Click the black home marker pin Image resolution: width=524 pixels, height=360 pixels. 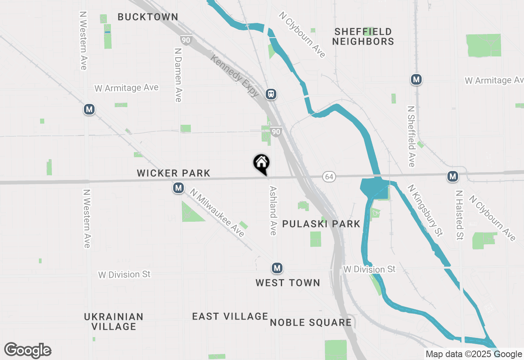pyautogui.click(x=261, y=164)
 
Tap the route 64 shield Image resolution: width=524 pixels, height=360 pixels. pyautogui.click(x=329, y=176)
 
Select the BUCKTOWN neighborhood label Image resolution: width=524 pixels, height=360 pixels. pyautogui.click(x=148, y=17)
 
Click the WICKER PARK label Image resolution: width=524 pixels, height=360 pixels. pyautogui.click(x=174, y=173)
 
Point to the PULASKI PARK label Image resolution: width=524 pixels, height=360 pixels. pyautogui.click(x=321, y=224)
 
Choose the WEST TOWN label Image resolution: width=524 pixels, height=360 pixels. pyautogui.click(x=288, y=283)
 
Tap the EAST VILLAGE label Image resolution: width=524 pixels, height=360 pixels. pyautogui.click(x=230, y=316)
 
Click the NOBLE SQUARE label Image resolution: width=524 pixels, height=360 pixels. pyautogui.click(x=311, y=322)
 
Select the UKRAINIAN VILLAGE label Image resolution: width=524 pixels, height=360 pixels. pyautogui.click(x=114, y=322)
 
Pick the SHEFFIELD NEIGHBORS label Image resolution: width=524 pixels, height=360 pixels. pyautogui.click(x=363, y=36)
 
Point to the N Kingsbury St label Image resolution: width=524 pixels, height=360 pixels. pyautogui.click(x=425, y=210)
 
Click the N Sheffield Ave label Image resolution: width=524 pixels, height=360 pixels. pyautogui.click(x=411, y=137)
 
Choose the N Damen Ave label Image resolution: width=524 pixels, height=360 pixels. pyautogui.click(x=178, y=75)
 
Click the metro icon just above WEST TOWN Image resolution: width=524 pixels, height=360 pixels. pyautogui.click(x=277, y=268)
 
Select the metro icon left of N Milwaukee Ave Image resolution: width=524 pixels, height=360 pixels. pyautogui.click(x=178, y=188)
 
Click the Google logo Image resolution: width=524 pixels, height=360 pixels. pyautogui.click(x=28, y=351)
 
